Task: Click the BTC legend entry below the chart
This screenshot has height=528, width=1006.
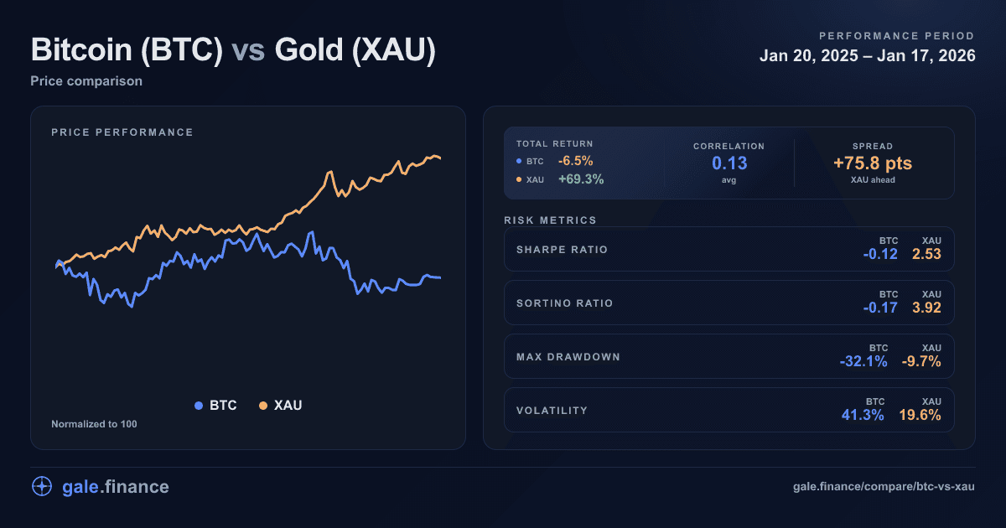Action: [215, 406]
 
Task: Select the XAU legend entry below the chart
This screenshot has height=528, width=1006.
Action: [280, 406]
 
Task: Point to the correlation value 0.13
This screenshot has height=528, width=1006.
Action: [729, 163]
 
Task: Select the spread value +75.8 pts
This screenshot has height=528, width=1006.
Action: [872, 163]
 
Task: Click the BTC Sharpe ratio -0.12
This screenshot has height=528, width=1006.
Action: [880, 254]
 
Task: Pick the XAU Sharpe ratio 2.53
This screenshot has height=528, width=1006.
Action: [926, 254]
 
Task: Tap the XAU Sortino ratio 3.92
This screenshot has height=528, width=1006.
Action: [926, 308]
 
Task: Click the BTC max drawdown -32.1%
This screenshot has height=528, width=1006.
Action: [863, 361]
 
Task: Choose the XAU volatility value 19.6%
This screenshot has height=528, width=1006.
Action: [920, 415]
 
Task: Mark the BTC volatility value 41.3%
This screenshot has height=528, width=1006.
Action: [863, 415]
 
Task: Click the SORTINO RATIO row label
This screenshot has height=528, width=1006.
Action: [564, 303]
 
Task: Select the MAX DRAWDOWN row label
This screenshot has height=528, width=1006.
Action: [568, 357]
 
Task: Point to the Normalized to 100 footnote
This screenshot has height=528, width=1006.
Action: [94, 424]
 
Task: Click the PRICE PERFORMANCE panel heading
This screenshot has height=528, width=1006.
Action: [122, 132]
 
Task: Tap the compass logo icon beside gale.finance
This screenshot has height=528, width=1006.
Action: [42, 486]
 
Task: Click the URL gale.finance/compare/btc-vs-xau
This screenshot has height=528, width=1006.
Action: [884, 487]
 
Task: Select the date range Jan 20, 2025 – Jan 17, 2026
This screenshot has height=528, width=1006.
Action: [867, 56]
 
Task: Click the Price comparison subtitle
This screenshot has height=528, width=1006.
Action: [86, 81]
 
